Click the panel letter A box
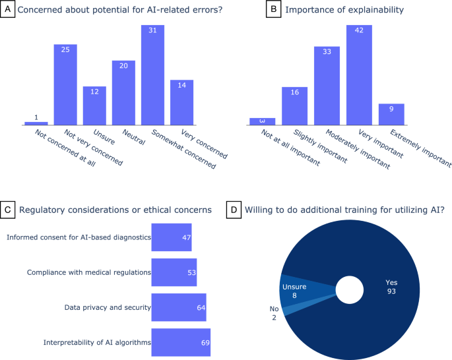pyautogui.click(x=8, y=11)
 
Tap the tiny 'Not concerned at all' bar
pyautogui.click(x=36, y=123)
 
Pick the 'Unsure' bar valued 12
pyautogui.click(x=94, y=105)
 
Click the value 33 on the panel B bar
pyautogui.click(x=327, y=53)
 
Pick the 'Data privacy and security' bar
pyautogui.click(x=179, y=307)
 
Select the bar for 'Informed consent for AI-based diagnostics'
pyautogui.click(x=172, y=237)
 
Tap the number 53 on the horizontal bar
pyautogui.click(x=190, y=272)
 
